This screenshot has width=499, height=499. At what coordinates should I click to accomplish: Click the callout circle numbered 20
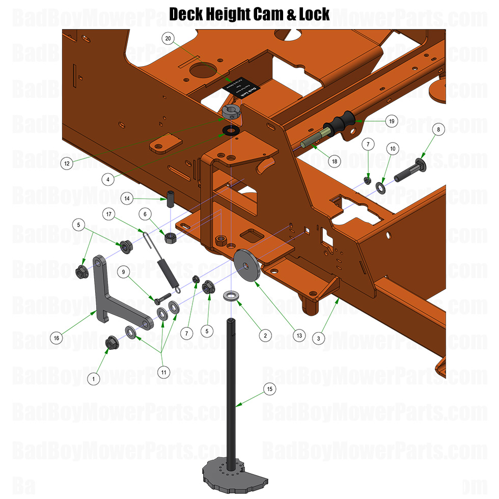[x=169, y=39]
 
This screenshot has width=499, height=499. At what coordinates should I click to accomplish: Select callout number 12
[x=66, y=163]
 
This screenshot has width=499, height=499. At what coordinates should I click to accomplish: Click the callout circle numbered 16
[x=57, y=337]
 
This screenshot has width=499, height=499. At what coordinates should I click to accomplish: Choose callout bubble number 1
[x=93, y=378]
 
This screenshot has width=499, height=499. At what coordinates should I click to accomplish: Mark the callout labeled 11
[x=163, y=372]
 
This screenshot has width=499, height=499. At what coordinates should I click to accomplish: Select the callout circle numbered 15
[x=269, y=389]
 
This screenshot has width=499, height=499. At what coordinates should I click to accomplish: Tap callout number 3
[x=318, y=338]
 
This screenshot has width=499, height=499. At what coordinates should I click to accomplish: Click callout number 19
[x=391, y=122]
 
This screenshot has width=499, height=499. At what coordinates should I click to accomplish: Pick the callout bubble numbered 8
[x=439, y=130]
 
